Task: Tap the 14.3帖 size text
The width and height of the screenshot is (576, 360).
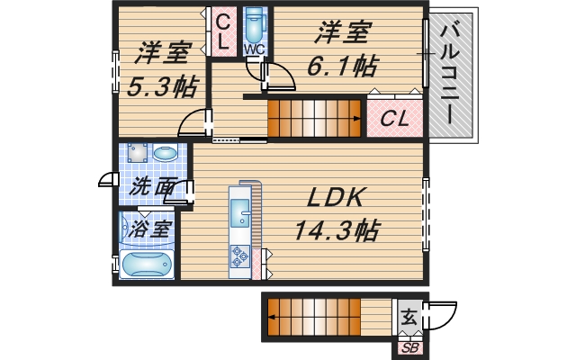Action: coord(335,229)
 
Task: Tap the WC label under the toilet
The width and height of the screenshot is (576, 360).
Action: coord(254,49)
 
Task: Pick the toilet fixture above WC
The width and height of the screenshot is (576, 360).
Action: coord(255,22)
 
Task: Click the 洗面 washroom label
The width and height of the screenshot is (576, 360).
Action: coord(150,188)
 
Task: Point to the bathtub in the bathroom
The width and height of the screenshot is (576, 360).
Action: coord(147,265)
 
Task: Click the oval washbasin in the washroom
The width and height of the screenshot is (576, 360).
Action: coord(166,154)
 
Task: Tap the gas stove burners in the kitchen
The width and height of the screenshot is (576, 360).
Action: coord(241,257)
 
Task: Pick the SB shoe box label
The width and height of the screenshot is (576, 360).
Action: coord(410,347)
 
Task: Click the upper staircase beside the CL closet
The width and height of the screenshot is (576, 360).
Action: coord(315,118)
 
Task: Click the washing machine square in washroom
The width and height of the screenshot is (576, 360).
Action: coord(138,152)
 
